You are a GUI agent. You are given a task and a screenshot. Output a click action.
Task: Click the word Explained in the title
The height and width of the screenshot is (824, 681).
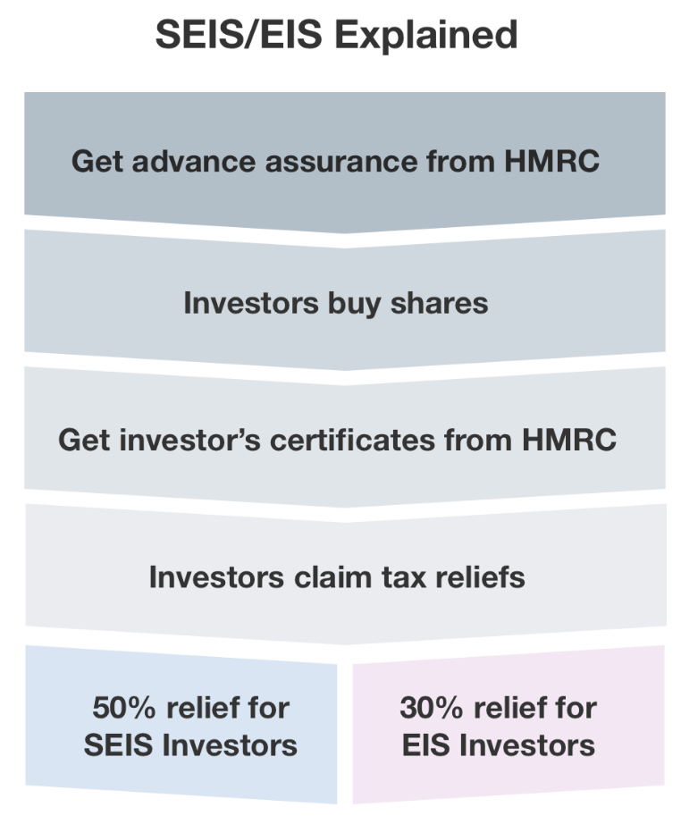[426, 35]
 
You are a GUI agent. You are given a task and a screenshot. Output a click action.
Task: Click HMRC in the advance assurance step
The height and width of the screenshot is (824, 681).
[551, 161]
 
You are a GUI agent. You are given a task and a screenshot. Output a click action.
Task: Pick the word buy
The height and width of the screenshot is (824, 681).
[355, 304]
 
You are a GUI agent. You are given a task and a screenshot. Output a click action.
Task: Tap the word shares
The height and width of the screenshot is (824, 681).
[440, 303]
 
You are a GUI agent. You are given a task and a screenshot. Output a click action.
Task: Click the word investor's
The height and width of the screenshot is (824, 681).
[190, 440]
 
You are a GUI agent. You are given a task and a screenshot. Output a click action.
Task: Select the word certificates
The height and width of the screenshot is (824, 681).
[353, 440]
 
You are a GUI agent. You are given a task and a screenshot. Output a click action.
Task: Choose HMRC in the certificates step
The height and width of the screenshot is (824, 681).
[569, 440]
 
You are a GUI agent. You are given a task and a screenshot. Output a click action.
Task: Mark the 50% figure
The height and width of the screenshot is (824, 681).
[124, 707]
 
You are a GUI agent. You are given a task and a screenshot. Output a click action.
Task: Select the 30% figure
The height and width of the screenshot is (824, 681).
[432, 707]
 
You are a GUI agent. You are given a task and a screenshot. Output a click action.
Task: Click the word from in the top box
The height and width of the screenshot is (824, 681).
[461, 161]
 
